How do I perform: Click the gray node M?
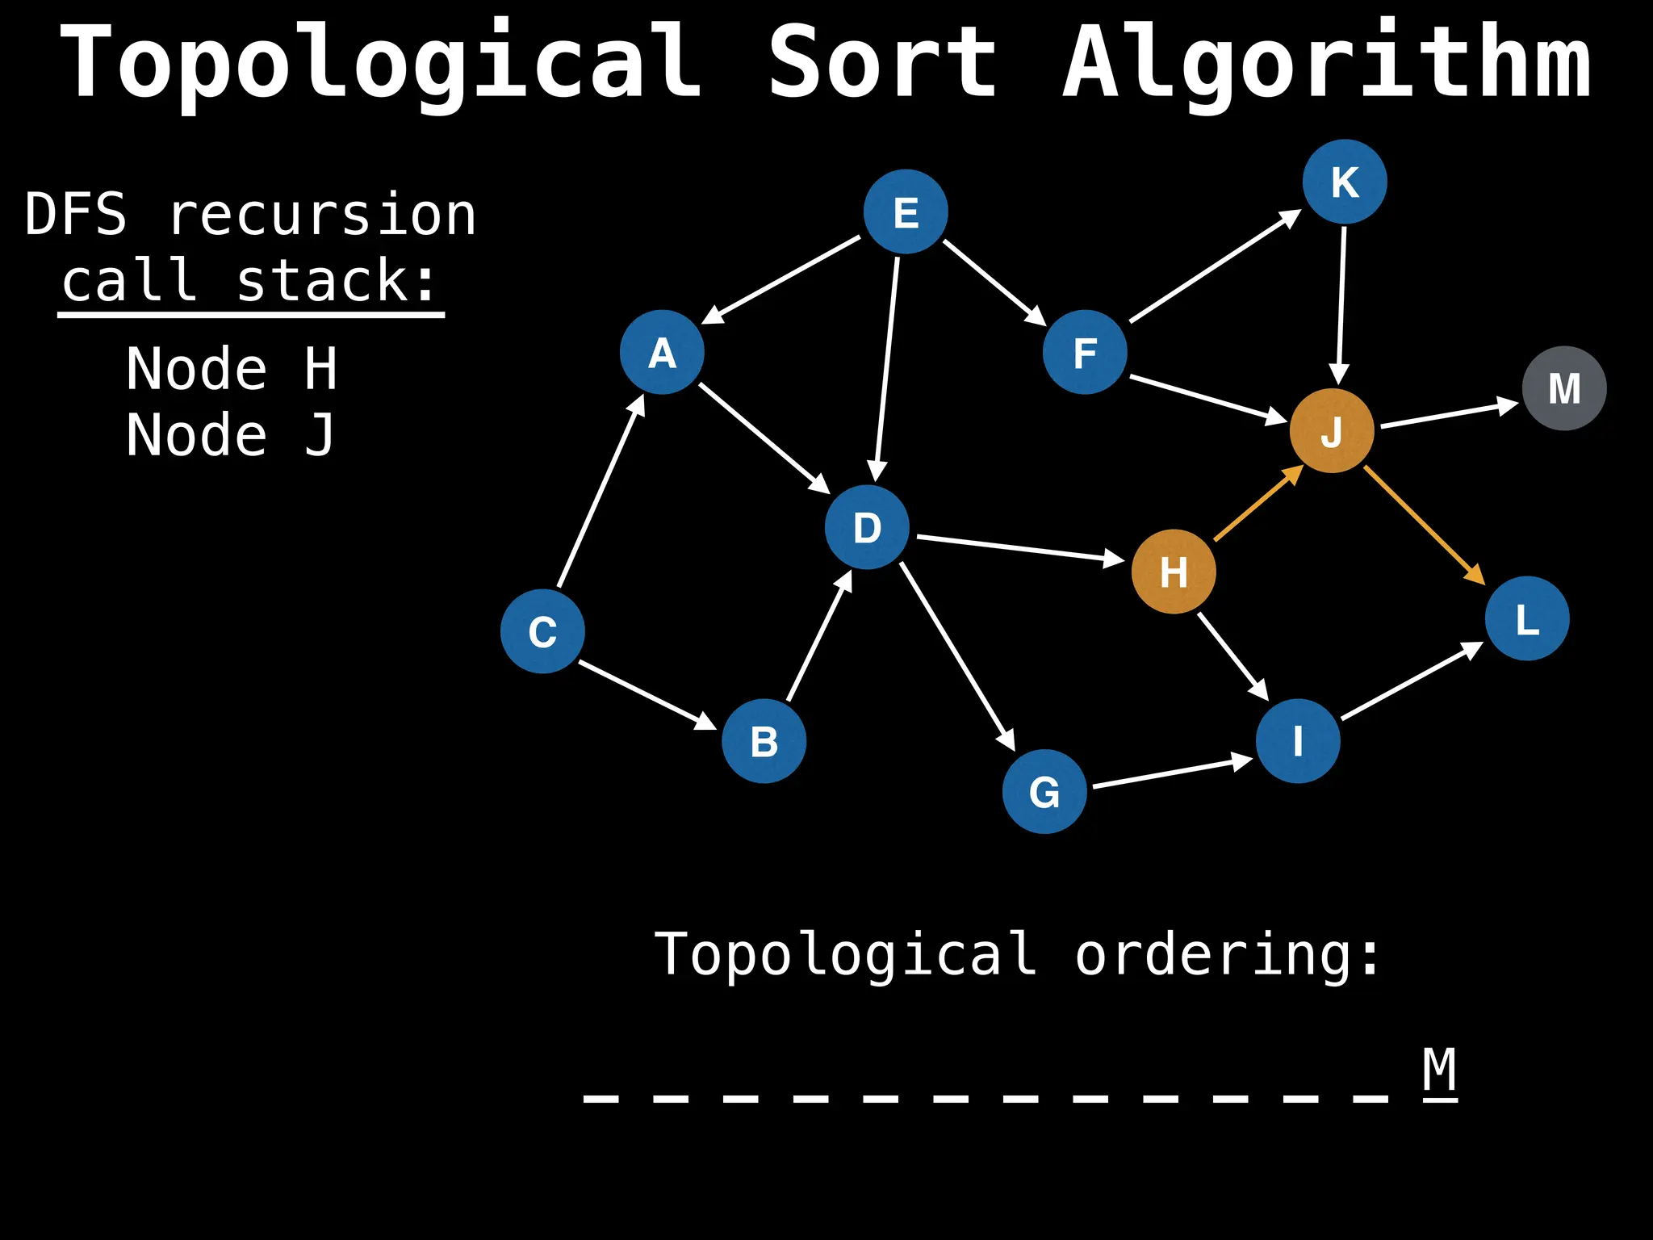[x=1564, y=388]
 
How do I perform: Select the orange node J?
[x=1332, y=431]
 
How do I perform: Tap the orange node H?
[x=1174, y=572]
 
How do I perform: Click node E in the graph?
[x=906, y=212]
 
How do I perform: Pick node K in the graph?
[x=1345, y=182]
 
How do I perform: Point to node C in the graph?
[x=542, y=631]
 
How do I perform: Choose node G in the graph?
[x=1044, y=791]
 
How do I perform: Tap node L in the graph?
[x=1527, y=619]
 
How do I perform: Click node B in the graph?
[x=764, y=741]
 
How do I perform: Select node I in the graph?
[x=1298, y=741]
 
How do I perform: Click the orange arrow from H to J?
[x=1258, y=504]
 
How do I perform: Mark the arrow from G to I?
[x=1170, y=773]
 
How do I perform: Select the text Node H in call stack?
[x=232, y=369]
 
